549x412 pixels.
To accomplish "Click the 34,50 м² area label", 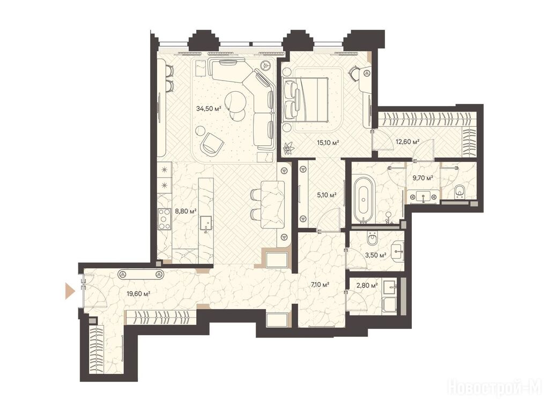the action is coord(209,108).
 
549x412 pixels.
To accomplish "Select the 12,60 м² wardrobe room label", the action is coord(407,142).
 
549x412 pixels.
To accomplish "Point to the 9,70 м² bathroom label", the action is coord(423,178).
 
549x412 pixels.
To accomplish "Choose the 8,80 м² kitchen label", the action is coord(186,211).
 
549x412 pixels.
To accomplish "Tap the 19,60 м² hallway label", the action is coord(139,293).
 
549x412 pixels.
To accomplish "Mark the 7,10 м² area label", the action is coord(320,284).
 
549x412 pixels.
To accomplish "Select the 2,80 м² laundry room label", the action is coord(367,286).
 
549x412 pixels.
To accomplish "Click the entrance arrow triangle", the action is coord(70,291).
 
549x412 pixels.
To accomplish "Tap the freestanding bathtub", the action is coord(364,198).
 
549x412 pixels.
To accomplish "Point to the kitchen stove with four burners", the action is coord(164,219).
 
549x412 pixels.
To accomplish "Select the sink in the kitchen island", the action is coord(206,223).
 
